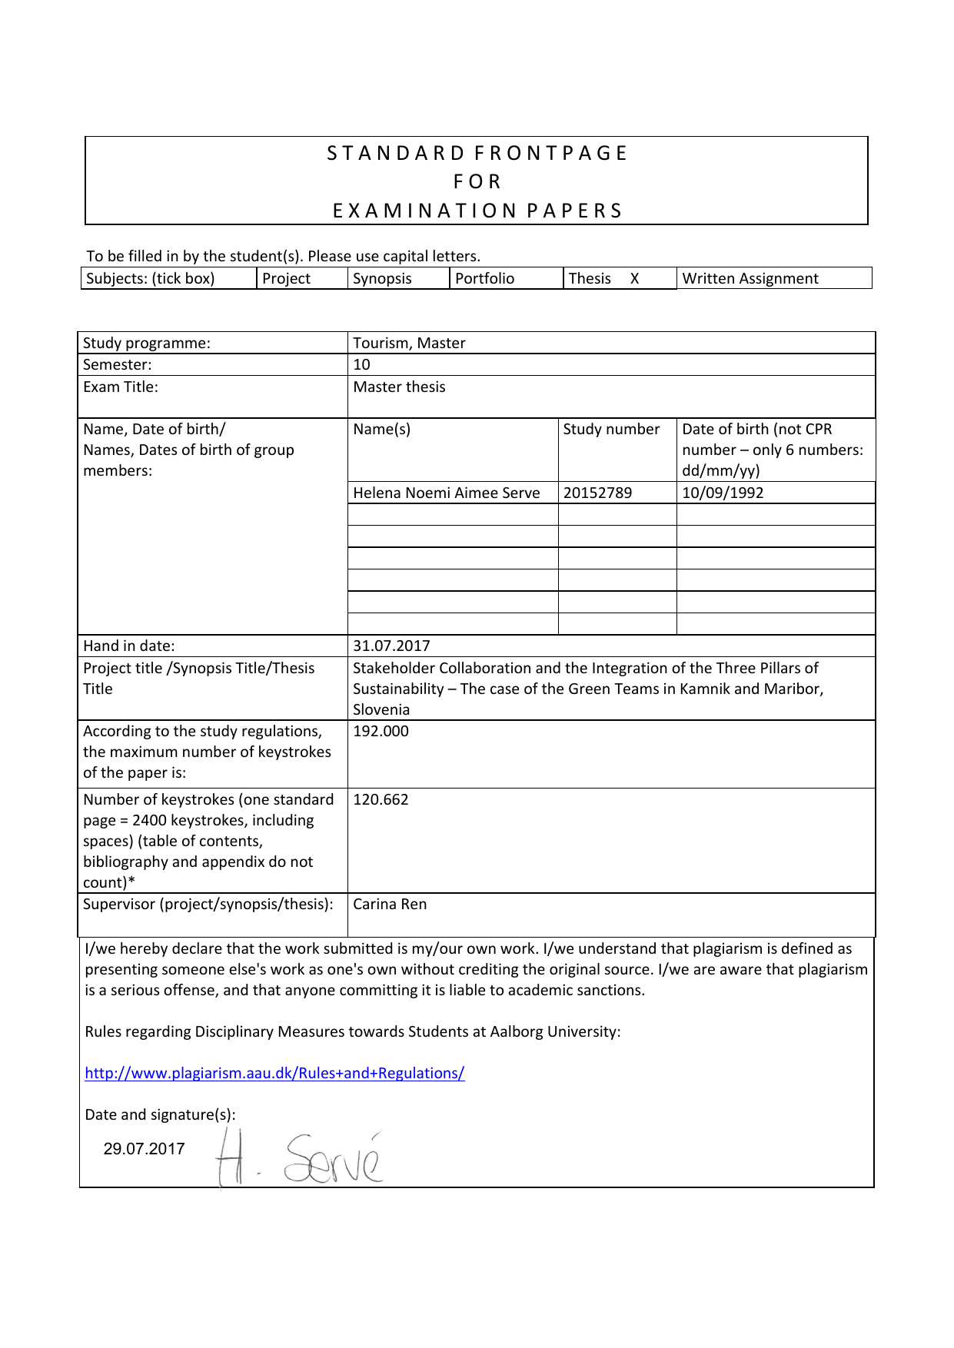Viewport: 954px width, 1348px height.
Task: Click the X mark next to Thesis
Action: pyautogui.click(x=635, y=279)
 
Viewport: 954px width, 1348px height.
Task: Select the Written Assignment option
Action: pyautogui.click(x=750, y=279)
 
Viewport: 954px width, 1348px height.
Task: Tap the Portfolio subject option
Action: pyautogui.click(x=484, y=279)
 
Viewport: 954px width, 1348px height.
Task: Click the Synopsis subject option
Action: pyautogui.click(x=382, y=279)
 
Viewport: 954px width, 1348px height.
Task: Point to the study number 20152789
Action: pyautogui.click(x=597, y=493)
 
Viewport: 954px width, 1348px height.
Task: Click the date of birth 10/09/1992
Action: pyautogui.click(x=723, y=493)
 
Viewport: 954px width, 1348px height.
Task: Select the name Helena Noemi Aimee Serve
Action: pyautogui.click(x=446, y=493)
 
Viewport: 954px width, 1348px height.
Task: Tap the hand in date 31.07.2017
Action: pyautogui.click(x=391, y=646)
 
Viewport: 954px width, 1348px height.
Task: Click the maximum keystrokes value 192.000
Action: pyautogui.click(x=381, y=731)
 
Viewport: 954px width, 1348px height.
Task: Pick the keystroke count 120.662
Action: pyautogui.click(x=381, y=799)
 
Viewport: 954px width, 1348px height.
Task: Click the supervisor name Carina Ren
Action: pyautogui.click(x=390, y=905)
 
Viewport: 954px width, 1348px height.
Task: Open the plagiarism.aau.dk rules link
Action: pyautogui.click(x=274, y=1074)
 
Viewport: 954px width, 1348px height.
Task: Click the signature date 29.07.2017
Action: pyautogui.click(x=144, y=1149)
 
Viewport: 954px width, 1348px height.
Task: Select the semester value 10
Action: pyautogui.click(x=361, y=365)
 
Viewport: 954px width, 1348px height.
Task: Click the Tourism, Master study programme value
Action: pyautogui.click(x=409, y=344)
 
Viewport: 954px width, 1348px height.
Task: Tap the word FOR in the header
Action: pyautogui.click(x=477, y=182)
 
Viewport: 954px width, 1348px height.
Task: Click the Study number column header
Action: pyautogui.click(x=611, y=430)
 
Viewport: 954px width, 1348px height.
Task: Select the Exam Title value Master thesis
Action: pyautogui.click(x=399, y=387)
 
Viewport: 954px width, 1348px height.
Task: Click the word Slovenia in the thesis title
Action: pyautogui.click(x=381, y=710)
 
